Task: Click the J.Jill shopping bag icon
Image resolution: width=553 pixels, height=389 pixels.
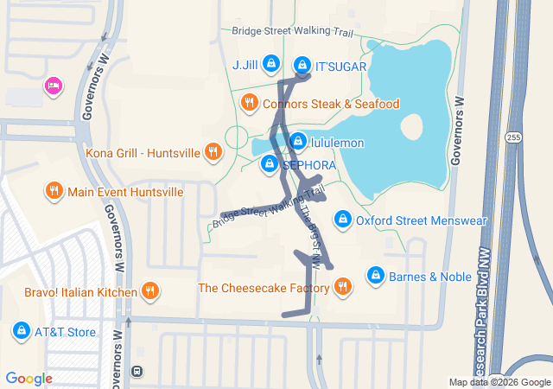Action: (271, 63)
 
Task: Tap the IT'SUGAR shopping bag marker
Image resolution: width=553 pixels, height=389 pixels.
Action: (302, 64)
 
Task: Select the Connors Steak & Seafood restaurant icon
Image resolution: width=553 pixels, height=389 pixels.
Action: (250, 103)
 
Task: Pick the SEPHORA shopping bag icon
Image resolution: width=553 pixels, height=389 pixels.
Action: (270, 163)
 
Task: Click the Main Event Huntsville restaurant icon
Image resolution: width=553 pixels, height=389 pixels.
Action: (54, 190)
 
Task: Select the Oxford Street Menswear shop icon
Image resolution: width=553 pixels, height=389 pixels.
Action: (342, 220)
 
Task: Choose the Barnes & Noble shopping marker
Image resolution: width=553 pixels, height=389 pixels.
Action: (375, 275)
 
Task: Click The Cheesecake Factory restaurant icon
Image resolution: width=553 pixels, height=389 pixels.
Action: (343, 286)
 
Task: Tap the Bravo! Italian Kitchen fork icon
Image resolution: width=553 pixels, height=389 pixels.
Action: (151, 291)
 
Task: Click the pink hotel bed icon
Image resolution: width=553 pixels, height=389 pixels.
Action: (54, 85)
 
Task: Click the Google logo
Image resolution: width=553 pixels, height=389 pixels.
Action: (29, 379)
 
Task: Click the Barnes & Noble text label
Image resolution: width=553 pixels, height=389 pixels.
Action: (430, 277)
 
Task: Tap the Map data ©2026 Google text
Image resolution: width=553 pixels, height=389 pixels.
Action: (499, 383)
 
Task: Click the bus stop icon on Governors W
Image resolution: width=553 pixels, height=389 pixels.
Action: (137, 372)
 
